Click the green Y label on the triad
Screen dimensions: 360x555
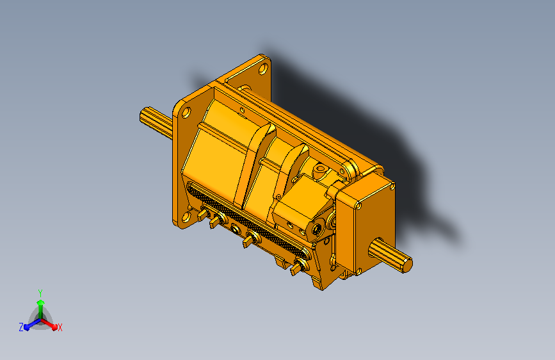coord(40,291)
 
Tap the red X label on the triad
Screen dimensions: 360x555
coord(60,327)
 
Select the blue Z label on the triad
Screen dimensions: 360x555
coord(21,327)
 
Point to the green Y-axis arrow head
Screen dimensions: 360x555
coord(40,301)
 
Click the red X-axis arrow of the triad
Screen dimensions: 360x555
coord(51,324)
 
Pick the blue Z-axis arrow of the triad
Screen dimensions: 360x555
coord(29,325)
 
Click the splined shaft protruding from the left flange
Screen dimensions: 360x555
coord(154,120)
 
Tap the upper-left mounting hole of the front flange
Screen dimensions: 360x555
coord(186,112)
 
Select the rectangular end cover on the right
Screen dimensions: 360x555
coord(362,224)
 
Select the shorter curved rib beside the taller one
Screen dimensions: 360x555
coord(294,160)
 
